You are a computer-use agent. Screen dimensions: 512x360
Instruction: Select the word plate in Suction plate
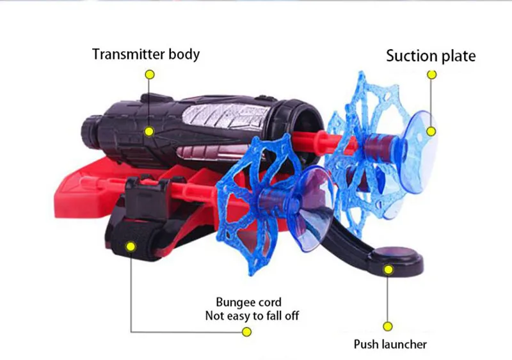456,56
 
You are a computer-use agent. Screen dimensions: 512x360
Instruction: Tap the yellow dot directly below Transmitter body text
150,74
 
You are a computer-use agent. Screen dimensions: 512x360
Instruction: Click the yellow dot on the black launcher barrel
149,132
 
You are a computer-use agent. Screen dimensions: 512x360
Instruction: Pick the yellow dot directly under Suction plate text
432,75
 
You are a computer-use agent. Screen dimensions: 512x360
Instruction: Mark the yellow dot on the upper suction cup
431,132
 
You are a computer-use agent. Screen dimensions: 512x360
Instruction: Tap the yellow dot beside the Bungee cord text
247,332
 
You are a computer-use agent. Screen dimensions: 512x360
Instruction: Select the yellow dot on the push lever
388,269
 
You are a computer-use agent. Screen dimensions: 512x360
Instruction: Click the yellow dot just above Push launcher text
388,325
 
